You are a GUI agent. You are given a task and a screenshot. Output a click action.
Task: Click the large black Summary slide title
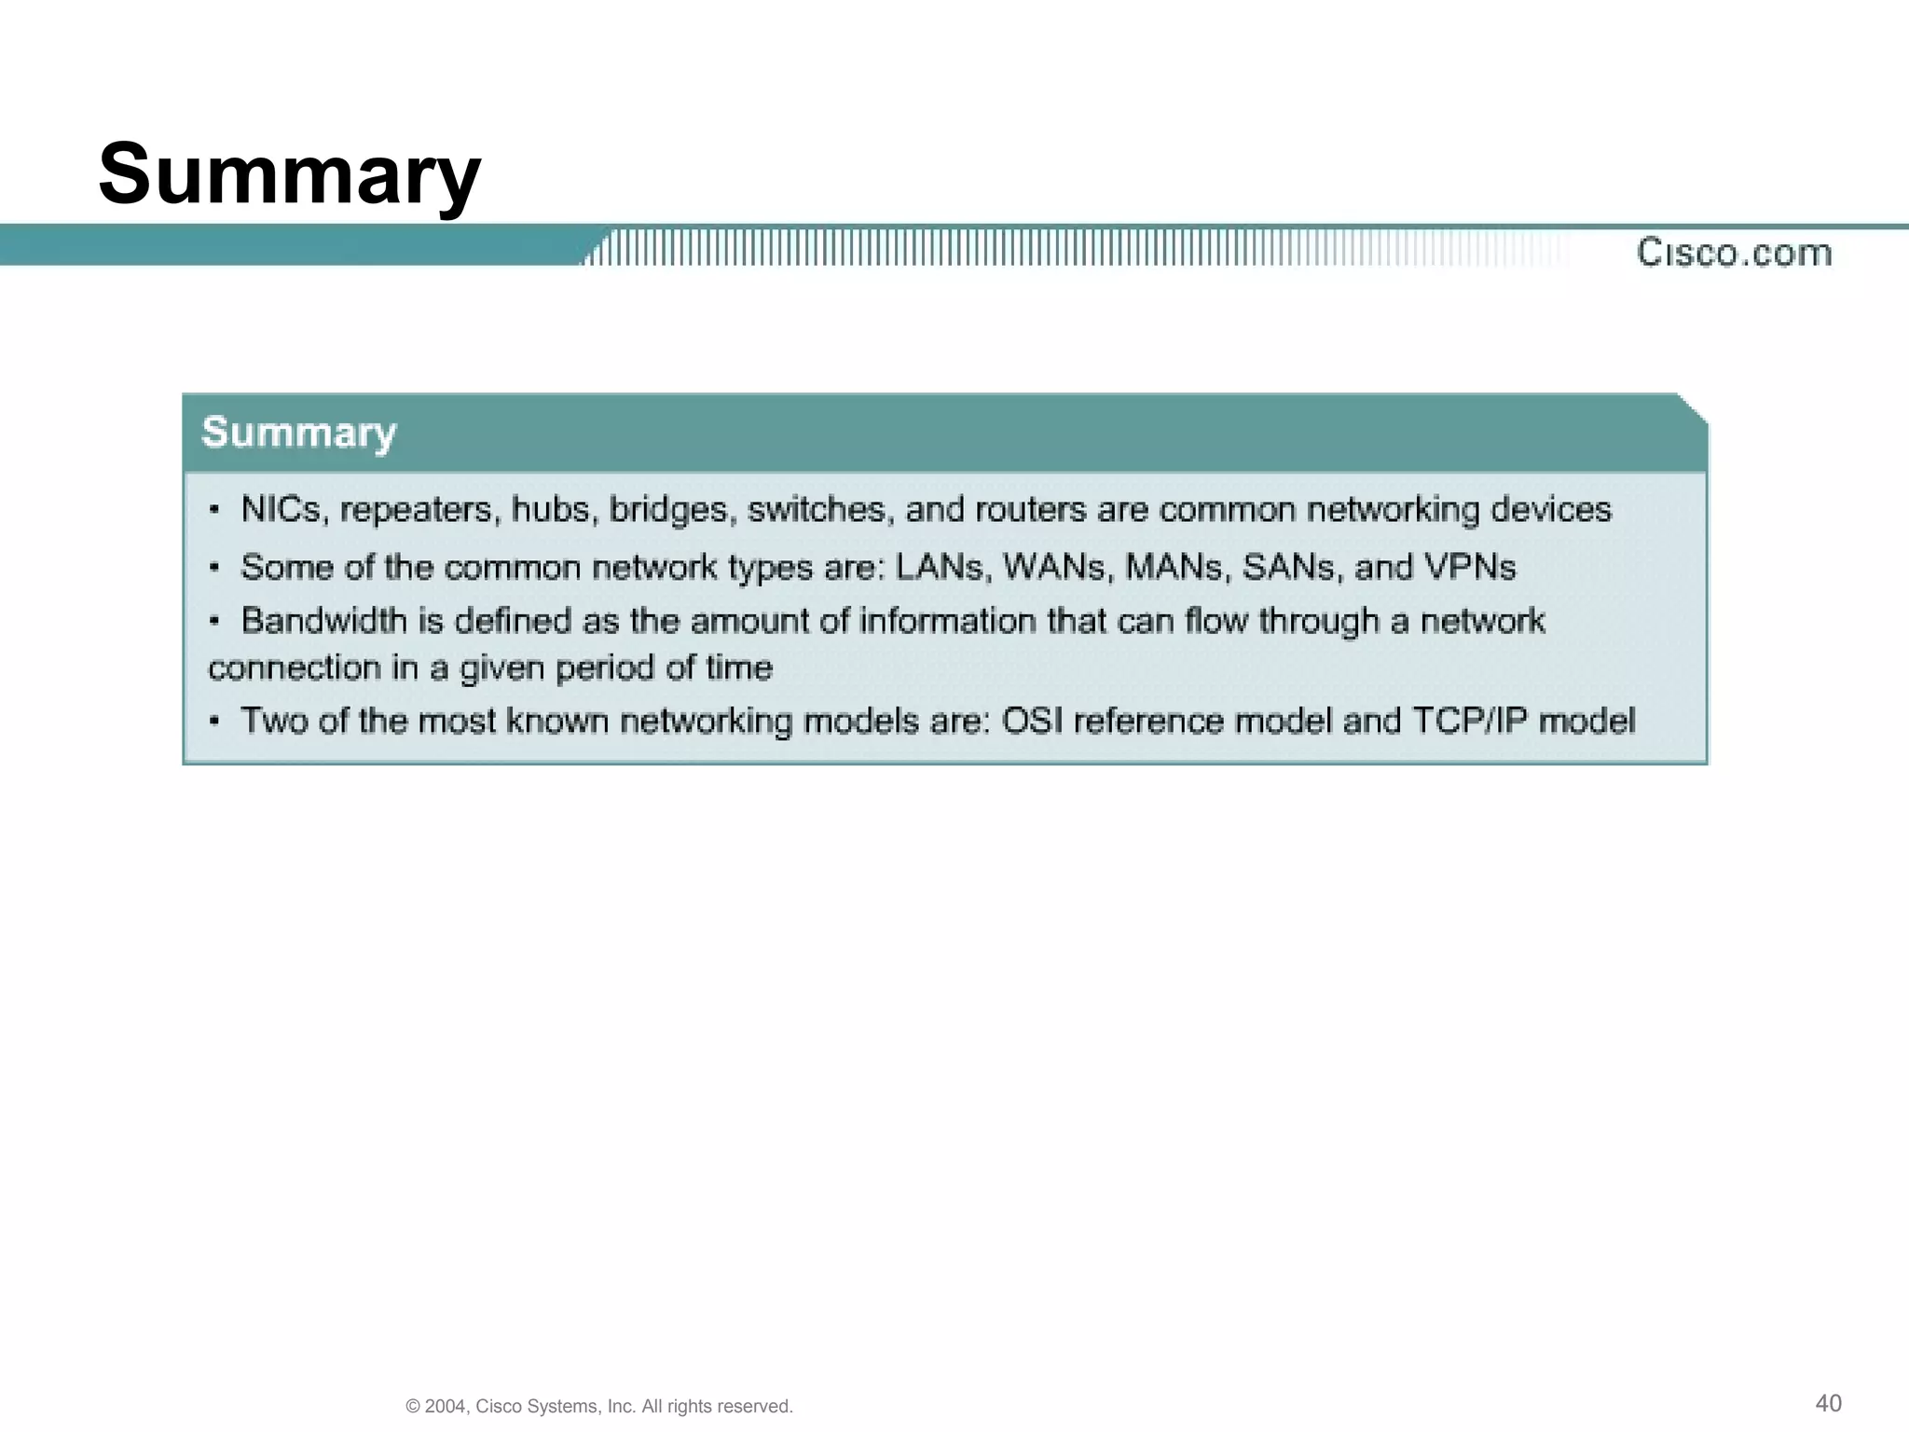click(289, 174)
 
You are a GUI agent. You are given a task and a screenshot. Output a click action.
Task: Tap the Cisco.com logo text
click(1734, 253)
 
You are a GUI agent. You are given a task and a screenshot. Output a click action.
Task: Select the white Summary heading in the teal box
click(299, 433)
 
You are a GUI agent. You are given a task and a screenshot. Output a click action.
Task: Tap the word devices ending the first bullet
click(1550, 510)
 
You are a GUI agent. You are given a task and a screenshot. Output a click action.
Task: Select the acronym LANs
click(941, 568)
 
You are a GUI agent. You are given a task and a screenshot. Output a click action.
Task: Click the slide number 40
click(1829, 1403)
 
